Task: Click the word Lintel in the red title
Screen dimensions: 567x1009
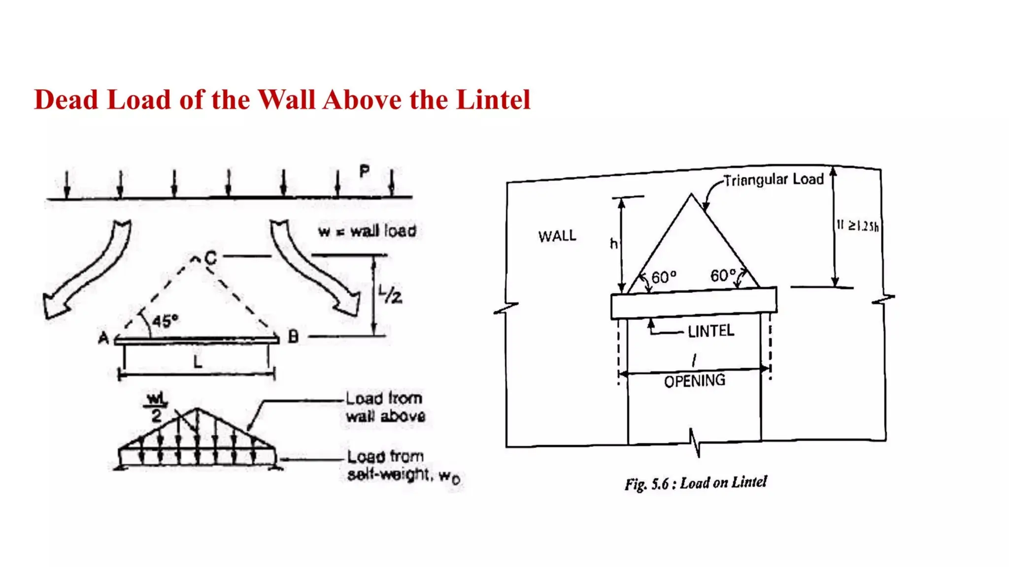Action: pyautogui.click(x=493, y=100)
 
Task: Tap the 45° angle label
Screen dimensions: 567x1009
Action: pyautogui.click(x=165, y=321)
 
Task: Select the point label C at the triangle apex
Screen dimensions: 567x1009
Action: pyautogui.click(x=210, y=258)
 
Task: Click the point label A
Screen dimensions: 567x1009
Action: pyautogui.click(x=103, y=338)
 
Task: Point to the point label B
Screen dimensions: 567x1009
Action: pyautogui.click(x=293, y=337)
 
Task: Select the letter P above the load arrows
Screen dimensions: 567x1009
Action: pyautogui.click(x=364, y=172)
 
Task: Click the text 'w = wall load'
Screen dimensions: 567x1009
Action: pyautogui.click(x=367, y=231)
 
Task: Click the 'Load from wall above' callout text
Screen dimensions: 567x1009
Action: pyautogui.click(x=385, y=407)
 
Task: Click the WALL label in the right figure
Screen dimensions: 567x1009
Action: pyautogui.click(x=557, y=236)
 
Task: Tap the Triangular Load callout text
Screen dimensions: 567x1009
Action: pyautogui.click(x=774, y=180)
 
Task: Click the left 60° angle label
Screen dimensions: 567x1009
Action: pyautogui.click(x=664, y=278)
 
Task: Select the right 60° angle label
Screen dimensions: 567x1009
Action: pyautogui.click(x=723, y=275)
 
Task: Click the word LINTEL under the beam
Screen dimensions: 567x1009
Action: pyautogui.click(x=710, y=331)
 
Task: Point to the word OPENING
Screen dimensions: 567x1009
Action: pyautogui.click(x=695, y=380)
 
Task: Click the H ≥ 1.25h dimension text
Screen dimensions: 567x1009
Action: pyautogui.click(x=857, y=226)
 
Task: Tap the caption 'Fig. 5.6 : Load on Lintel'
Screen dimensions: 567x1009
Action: pyautogui.click(x=696, y=483)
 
